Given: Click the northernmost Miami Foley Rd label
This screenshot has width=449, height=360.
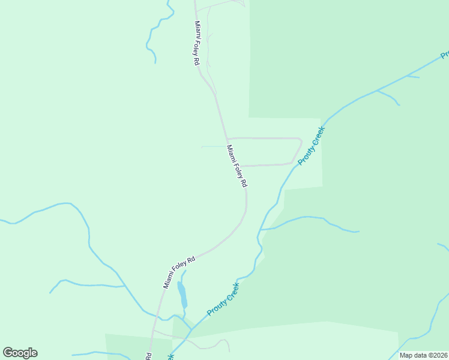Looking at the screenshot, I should (196, 43).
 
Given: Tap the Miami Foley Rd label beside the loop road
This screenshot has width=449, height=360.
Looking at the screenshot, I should (237, 166).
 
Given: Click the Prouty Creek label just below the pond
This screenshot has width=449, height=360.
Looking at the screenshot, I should (223, 299).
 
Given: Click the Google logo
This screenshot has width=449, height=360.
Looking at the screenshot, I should (20, 353).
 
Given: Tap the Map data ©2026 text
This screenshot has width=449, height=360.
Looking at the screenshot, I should (423, 355).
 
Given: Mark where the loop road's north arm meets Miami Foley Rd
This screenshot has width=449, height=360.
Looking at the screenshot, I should (227, 139).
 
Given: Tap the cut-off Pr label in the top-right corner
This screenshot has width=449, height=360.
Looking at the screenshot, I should (445, 55).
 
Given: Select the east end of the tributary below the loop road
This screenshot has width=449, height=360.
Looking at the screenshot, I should (358, 231).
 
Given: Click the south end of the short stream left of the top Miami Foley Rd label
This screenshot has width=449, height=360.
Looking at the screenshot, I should (155, 62).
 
